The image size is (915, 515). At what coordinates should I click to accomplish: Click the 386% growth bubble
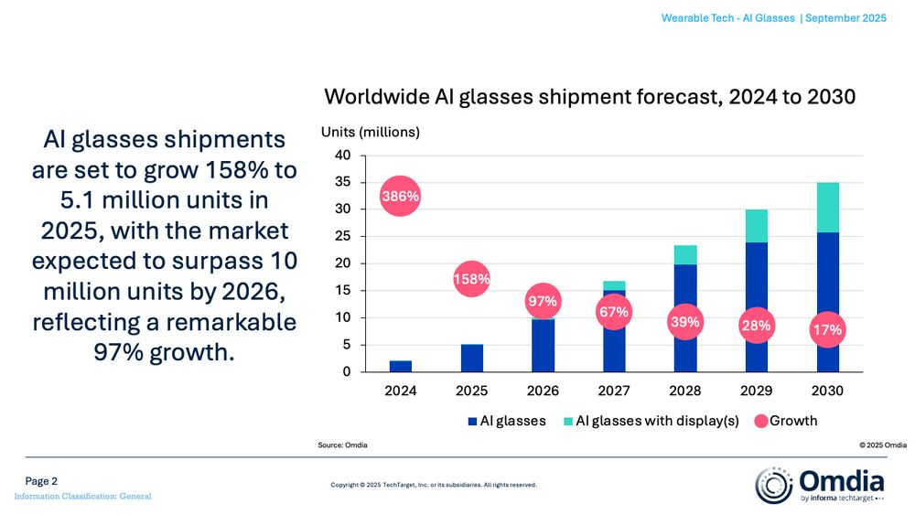point(401,196)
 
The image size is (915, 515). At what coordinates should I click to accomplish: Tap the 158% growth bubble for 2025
point(472,279)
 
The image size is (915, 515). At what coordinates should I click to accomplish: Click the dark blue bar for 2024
point(401,366)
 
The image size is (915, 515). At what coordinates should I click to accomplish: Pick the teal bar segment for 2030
point(827,208)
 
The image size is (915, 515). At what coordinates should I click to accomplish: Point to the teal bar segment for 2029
point(756,226)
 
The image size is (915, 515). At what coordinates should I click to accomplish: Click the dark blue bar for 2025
point(472,358)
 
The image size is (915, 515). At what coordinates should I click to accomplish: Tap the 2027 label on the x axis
point(614,391)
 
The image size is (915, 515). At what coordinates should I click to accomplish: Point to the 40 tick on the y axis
point(342,156)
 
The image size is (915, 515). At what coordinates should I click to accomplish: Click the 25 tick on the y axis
point(342,237)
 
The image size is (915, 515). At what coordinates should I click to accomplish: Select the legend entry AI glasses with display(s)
point(653,421)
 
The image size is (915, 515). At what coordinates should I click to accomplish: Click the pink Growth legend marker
point(760,421)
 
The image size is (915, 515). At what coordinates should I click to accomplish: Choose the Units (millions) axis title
point(370,132)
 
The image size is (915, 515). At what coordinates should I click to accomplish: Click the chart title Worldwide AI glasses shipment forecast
point(590,97)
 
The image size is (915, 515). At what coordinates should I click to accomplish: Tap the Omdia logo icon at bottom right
point(774,484)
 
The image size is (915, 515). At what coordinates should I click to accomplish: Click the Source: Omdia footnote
point(342,445)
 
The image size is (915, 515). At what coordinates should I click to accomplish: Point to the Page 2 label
point(41,481)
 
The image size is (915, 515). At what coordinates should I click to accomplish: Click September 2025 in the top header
point(845,19)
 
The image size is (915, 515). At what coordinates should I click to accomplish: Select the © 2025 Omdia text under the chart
point(882,445)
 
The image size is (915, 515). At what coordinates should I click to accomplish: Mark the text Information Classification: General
point(82,497)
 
